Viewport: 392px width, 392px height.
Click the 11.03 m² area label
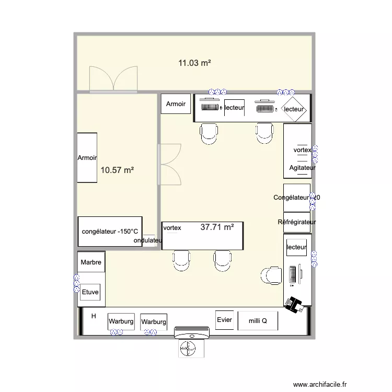click(194, 63)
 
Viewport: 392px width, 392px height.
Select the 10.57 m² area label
click(118, 170)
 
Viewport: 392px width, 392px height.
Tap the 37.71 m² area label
click(217, 227)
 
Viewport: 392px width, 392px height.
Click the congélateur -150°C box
click(110, 231)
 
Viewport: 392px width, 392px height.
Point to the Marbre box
click(91, 262)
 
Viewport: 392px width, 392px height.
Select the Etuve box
click(90, 293)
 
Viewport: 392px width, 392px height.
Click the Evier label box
click(224, 319)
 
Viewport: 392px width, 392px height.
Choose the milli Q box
click(257, 321)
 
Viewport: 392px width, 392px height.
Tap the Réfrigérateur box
click(297, 222)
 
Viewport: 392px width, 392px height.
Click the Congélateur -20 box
click(296, 197)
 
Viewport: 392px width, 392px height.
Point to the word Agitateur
click(302, 168)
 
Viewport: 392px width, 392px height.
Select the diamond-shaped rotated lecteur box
click(293, 109)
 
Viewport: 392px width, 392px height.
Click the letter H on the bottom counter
click(94, 316)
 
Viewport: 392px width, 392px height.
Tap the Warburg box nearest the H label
click(121, 321)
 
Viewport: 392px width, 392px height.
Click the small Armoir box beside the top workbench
click(176, 104)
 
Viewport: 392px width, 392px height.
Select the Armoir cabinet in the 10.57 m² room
click(87, 157)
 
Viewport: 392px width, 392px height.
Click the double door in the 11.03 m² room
click(113, 79)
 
